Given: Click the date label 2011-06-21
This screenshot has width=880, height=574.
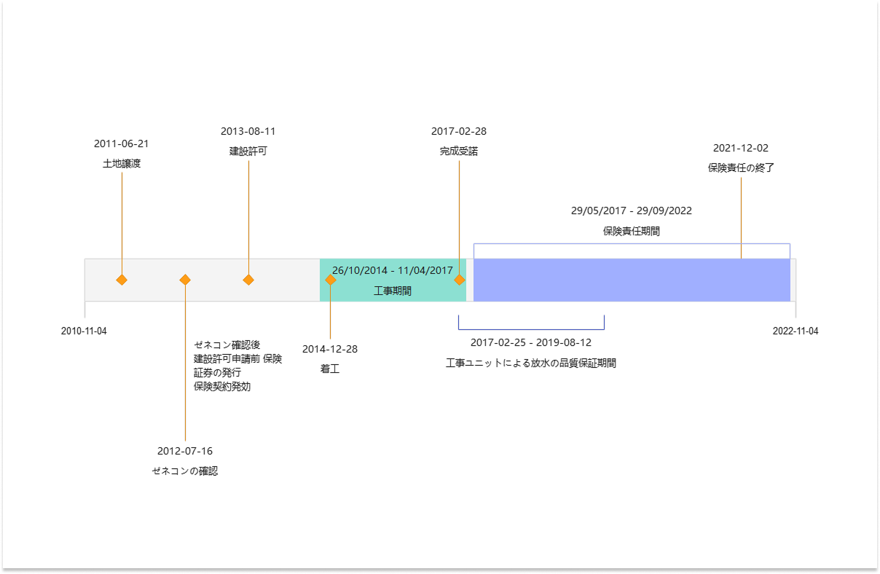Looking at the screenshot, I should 121,143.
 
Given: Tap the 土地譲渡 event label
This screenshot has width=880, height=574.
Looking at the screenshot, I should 121,164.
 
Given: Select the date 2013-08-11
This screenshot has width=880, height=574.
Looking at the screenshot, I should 248,131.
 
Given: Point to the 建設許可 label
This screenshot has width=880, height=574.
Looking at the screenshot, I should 248,152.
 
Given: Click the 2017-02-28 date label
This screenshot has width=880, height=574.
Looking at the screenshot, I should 458,131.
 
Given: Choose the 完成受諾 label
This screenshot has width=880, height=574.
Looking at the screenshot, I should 458,152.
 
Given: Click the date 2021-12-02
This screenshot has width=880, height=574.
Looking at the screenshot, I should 740,148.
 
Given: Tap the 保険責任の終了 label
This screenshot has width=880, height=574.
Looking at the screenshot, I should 740,168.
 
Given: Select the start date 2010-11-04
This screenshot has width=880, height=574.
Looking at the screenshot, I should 84,331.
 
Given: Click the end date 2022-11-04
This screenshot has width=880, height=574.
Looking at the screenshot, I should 795,331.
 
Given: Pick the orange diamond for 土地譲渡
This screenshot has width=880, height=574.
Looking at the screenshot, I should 122,280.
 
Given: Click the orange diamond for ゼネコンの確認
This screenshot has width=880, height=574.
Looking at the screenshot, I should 185,280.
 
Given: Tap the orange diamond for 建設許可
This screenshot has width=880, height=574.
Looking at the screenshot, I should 248,280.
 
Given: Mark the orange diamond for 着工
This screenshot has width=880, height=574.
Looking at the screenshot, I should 330,280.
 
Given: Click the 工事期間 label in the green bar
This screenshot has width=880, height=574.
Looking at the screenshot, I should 392,291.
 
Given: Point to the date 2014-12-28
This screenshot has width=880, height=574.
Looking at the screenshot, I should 330,349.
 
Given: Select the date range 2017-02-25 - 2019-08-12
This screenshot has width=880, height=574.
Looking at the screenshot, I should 530,342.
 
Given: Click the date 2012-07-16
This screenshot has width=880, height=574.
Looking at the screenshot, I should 185,451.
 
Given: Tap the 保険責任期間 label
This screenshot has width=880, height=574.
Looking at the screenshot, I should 631,231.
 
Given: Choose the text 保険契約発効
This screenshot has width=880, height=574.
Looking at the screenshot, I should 222,387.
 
